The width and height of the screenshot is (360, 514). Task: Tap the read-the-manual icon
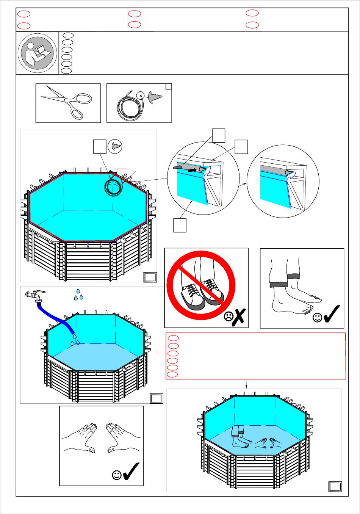click(x=37, y=53)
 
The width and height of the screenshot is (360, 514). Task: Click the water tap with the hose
click(x=35, y=295)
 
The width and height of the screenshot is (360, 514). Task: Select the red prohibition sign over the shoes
click(x=201, y=285)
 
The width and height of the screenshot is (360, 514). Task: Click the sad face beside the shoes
click(x=229, y=317)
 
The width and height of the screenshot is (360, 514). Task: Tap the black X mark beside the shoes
click(x=239, y=317)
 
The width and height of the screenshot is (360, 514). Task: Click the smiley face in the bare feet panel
click(x=318, y=318)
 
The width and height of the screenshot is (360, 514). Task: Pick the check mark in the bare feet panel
click(x=332, y=314)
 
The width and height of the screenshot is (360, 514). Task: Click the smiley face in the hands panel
click(x=117, y=475)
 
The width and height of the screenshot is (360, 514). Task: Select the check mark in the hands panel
click(x=131, y=471)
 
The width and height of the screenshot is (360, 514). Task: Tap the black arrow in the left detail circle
click(x=194, y=170)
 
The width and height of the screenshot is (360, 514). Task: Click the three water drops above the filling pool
click(x=78, y=295)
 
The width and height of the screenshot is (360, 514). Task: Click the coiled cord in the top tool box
click(x=127, y=105)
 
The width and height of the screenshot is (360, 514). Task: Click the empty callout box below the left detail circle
click(x=180, y=225)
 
